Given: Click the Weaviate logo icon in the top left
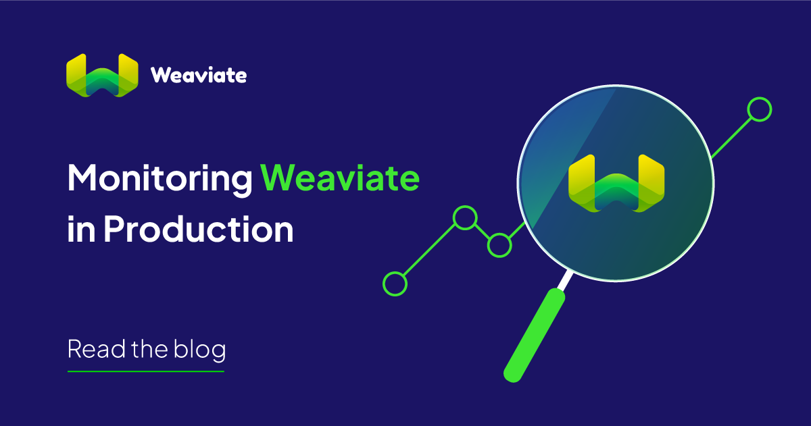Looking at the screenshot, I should coord(102,74).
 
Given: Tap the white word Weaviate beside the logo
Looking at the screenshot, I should coord(199,75).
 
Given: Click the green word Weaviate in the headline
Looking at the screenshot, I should coord(340,180).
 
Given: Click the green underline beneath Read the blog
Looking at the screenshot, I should coord(145,371).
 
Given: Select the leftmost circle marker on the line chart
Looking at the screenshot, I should coord(395,284).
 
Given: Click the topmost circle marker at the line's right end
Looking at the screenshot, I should coord(760,109).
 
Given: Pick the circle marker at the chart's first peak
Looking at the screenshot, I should coord(464,217).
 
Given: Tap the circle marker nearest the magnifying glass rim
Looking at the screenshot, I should coord(499,244).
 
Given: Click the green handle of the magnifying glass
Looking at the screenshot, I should coord(535,334).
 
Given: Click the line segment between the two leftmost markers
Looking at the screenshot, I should coord(429,250).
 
